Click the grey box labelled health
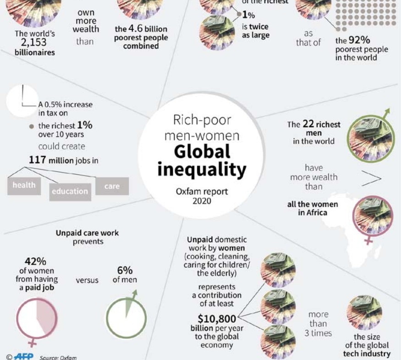tap(24, 185)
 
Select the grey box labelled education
tap(69, 192)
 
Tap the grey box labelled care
tap(112, 186)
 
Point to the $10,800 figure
tap(217, 318)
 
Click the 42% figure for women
tap(35, 261)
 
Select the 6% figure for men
tap(125, 270)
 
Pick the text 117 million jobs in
tap(64, 161)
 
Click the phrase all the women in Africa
tap(313, 209)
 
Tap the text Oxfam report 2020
tap(202, 196)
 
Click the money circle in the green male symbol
tap(368, 136)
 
